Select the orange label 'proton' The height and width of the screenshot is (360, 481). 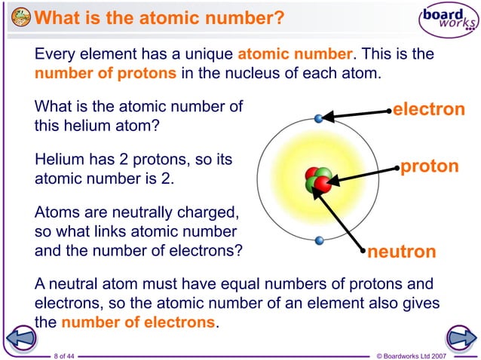tap(429, 166)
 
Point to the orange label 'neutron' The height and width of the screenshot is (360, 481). tap(401, 252)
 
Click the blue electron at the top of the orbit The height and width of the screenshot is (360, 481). tap(319, 118)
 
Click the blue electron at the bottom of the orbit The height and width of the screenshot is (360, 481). tap(319, 241)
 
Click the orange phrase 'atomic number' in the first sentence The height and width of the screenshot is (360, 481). tap(294, 55)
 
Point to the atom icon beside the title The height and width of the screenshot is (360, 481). tap(21, 17)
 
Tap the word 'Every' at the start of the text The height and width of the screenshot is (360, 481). tap(55, 55)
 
